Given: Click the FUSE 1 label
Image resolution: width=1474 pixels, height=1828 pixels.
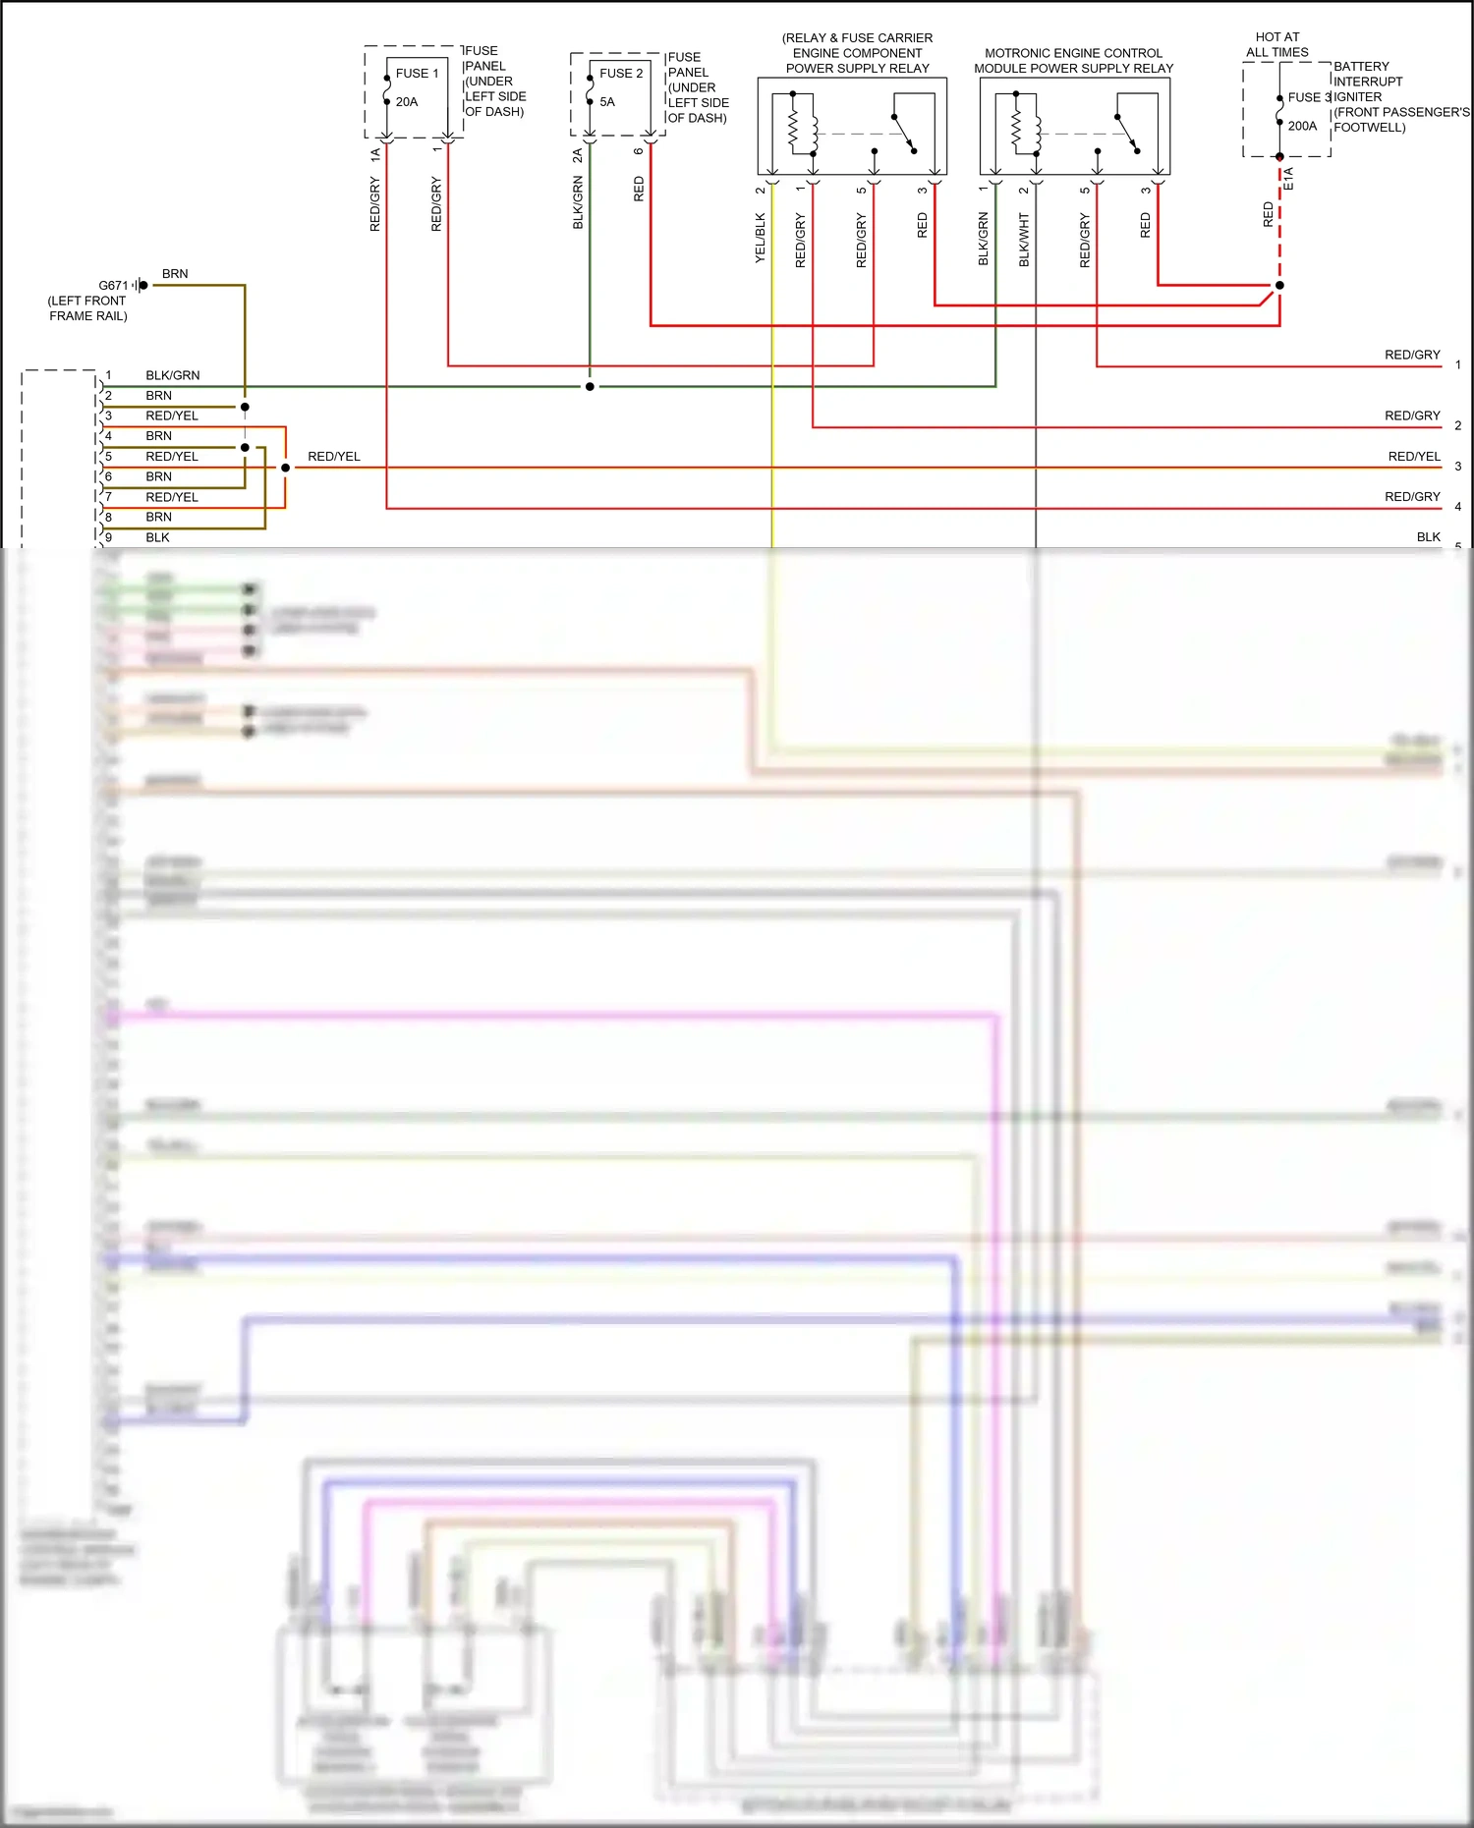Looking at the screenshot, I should pyautogui.click(x=417, y=74).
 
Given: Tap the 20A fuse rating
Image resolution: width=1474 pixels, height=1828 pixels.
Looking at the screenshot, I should pyautogui.click(x=407, y=102).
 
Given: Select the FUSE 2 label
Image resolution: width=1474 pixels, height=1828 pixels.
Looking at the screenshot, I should pyautogui.click(x=621, y=74).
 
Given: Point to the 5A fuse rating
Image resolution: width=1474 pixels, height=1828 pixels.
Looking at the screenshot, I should pyautogui.click(x=607, y=102).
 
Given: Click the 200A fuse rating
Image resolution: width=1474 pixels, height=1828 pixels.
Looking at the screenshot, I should pyautogui.click(x=1302, y=127).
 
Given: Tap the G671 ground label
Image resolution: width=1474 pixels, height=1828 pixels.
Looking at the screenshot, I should pyautogui.click(x=113, y=286).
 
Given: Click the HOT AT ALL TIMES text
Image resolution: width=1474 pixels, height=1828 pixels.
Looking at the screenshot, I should pyautogui.click(x=1277, y=45).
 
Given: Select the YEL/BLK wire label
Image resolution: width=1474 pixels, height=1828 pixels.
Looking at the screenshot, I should pyautogui.click(x=760, y=238).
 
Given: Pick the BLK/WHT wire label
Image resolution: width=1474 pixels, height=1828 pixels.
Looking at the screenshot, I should pyautogui.click(x=1024, y=240).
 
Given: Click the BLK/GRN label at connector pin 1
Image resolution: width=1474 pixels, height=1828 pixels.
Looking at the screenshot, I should pyautogui.click(x=172, y=375).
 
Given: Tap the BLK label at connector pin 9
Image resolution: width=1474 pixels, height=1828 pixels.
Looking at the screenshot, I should pyautogui.click(x=157, y=537).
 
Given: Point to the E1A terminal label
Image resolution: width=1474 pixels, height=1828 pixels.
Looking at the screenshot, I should pyautogui.click(x=1289, y=179).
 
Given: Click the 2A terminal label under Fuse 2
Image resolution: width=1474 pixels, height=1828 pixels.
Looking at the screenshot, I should pyautogui.click(x=578, y=155).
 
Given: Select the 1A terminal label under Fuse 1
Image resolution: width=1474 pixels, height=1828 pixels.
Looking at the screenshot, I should pyautogui.click(x=375, y=155).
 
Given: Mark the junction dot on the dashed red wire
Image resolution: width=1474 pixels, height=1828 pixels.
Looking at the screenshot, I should pyautogui.click(x=1279, y=286).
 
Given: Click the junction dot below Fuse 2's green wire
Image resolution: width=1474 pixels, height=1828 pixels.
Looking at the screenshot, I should pyautogui.click(x=590, y=387).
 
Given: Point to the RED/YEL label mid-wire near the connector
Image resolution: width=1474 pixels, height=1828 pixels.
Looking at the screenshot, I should pyautogui.click(x=334, y=457).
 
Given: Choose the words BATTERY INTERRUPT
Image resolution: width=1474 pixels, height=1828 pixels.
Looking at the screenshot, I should pyautogui.click(x=1367, y=74).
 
